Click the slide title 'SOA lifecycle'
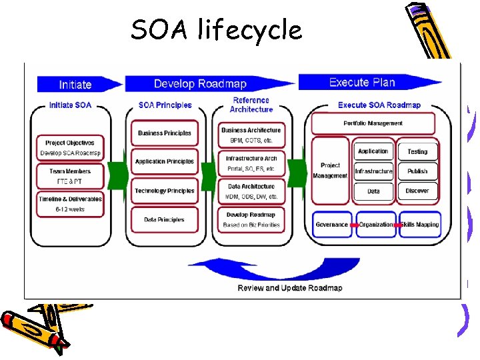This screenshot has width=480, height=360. [x=216, y=30]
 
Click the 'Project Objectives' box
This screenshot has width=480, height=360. [x=70, y=148]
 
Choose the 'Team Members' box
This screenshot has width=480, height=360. [x=70, y=176]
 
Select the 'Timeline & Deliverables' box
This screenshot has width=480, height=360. [x=70, y=204]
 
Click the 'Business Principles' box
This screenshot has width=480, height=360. [x=164, y=133]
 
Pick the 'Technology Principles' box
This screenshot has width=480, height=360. [x=164, y=191]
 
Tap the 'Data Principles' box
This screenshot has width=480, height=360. [x=164, y=219]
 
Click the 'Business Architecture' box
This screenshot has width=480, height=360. [x=251, y=135]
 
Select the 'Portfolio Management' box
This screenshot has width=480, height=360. [x=373, y=123]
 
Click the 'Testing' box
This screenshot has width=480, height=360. [x=417, y=152]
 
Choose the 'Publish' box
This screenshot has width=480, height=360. [x=417, y=171]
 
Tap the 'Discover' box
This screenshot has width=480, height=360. [x=417, y=191]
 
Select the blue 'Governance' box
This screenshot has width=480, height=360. [x=332, y=225]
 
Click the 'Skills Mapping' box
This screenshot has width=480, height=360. [x=419, y=225]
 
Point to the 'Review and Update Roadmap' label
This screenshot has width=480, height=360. [x=290, y=288]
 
